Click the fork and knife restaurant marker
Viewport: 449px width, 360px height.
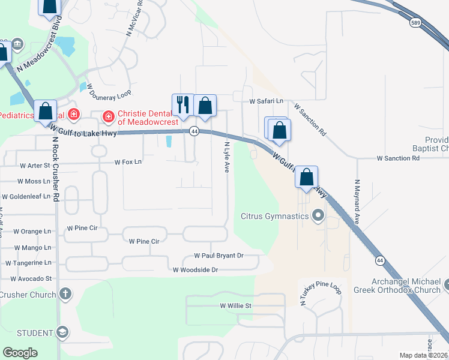click(x=182, y=105)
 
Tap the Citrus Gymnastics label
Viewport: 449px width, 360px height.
click(x=274, y=216)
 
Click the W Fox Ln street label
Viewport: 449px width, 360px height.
click(x=128, y=162)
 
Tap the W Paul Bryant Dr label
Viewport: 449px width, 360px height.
click(x=218, y=256)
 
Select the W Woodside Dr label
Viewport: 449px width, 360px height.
click(x=195, y=270)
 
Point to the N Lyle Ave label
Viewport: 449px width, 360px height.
click(x=227, y=158)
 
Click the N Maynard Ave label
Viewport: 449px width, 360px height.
click(x=357, y=202)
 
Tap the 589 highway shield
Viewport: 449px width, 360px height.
click(x=415, y=22)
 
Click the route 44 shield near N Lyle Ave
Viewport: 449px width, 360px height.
click(x=194, y=131)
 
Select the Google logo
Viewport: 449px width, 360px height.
click(x=20, y=353)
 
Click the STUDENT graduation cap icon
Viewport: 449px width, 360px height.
click(x=62, y=333)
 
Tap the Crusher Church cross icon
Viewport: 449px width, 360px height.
click(x=65, y=294)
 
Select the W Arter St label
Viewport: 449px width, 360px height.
click(x=35, y=165)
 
